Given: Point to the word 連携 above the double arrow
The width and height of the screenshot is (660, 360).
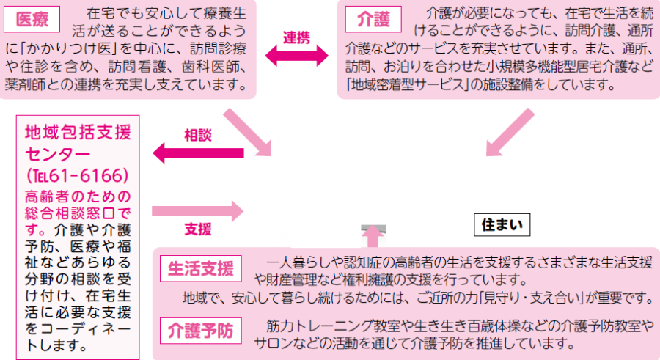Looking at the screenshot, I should [297, 37].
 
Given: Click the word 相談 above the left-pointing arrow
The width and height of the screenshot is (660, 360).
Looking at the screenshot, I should [197, 136].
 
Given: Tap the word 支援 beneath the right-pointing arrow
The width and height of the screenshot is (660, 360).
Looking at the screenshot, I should [197, 229].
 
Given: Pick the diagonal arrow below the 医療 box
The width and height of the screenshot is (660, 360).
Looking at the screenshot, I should [246, 132].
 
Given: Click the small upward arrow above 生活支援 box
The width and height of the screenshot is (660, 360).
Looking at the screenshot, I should [373, 234].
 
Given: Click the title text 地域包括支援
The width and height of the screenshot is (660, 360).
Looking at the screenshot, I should [77, 133].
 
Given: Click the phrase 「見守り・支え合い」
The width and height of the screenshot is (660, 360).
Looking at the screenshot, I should [538, 297].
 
